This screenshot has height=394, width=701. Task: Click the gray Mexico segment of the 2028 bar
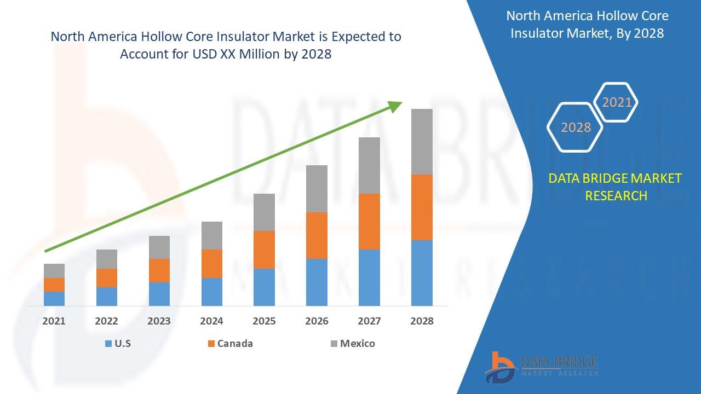422,141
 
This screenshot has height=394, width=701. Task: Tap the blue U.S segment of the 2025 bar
264,287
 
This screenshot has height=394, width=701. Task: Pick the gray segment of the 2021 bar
54,270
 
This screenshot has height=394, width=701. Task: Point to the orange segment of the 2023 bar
159,270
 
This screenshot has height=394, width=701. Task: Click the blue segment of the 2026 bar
317,282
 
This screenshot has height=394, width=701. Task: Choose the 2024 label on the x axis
211,321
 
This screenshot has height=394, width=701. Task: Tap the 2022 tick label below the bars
106,321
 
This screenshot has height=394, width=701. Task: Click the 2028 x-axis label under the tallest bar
422,321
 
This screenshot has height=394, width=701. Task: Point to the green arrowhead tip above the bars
401,103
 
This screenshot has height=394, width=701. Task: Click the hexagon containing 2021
617,102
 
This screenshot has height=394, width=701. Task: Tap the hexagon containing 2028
576,128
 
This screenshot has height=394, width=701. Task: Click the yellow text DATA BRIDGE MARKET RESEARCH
616,187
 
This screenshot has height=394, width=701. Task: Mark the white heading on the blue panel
587,25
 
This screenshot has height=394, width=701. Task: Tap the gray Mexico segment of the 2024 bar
211,235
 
